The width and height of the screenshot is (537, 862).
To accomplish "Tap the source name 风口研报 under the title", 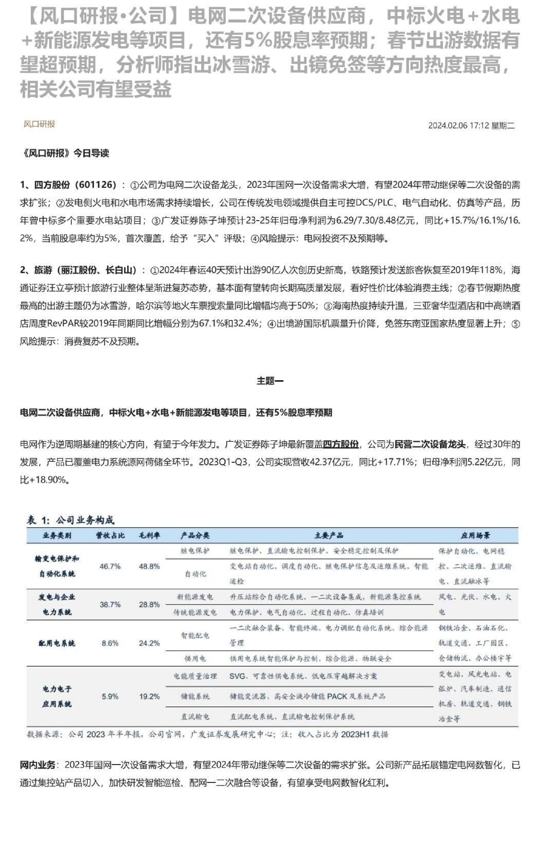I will point(39,124).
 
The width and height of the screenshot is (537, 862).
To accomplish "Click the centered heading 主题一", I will point(270,381).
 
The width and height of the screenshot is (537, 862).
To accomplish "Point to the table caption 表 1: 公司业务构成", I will point(70,520).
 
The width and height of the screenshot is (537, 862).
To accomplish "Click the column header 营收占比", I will point(110,536).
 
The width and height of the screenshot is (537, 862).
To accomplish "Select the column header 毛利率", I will point(149,536).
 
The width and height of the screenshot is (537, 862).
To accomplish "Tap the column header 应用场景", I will point(475,536).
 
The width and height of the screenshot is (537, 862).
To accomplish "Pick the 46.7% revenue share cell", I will point(110,566).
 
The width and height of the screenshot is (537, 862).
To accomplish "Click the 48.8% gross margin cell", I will point(149,566).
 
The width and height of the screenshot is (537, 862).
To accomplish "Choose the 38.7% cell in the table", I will point(110,605).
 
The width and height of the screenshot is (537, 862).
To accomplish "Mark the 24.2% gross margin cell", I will point(149,643).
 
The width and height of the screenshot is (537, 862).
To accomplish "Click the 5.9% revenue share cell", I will point(110,696).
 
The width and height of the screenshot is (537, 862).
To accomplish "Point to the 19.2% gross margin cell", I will point(149,696).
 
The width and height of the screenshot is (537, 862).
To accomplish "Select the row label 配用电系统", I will point(57,643).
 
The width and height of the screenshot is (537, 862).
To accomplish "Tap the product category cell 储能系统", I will point(195,696).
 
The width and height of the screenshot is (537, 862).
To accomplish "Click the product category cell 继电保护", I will point(195,551).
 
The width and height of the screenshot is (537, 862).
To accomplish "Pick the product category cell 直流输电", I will point(195,716).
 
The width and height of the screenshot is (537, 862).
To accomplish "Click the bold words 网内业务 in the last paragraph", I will point(37,765).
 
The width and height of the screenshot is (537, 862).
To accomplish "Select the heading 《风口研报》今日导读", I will point(64,153).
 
